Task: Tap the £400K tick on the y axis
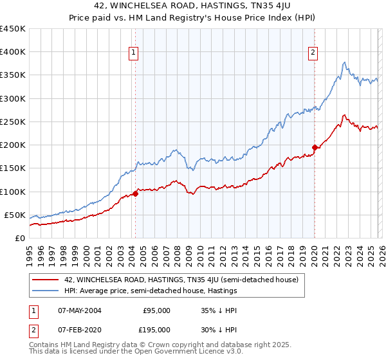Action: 13,52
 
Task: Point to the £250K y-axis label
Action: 13,122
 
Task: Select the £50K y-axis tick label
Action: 15,215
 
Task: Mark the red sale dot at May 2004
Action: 135,194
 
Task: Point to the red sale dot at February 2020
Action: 315,147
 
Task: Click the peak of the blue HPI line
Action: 345,62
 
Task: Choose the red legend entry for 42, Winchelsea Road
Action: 181,280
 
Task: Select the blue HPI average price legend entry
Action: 151,291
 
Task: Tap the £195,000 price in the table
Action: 156,329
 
